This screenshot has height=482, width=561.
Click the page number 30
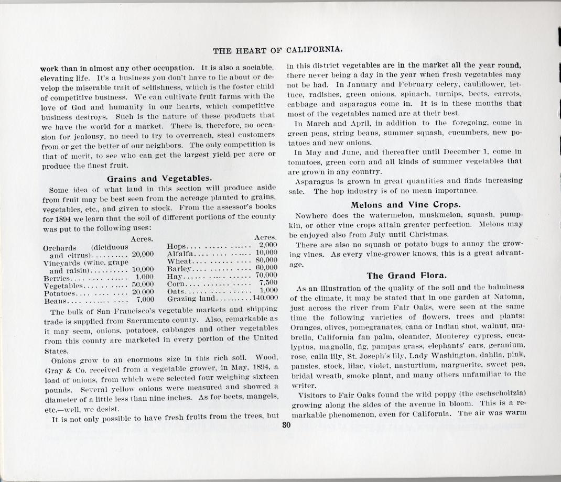click(x=285, y=425)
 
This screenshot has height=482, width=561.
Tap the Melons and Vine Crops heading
click(x=406, y=204)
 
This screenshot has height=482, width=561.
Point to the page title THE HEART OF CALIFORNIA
click(x=278, y=50)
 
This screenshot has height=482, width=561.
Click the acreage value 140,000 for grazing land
click(x=265, y=299)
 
